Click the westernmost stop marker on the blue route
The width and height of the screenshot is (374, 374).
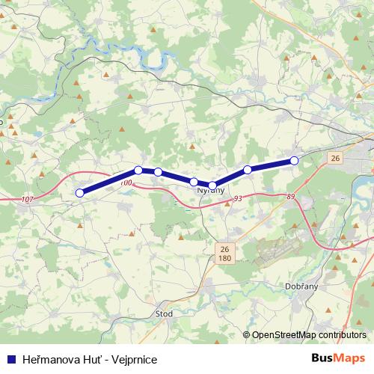[x=79, y=192]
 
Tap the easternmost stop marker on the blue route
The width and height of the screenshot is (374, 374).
[x=294, y=160]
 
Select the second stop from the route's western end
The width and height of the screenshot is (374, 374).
[x=138, y=170]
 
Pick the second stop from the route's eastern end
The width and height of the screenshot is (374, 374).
[x=248, y=169]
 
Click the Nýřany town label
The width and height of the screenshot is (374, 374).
[x=210, y=192]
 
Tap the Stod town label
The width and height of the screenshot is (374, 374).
[x=164, y=314]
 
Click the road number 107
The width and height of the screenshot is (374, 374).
[x=28, y=199]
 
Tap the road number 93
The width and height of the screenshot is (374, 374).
[x=237, y=198]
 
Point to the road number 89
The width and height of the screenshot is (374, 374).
[x=290, y=197]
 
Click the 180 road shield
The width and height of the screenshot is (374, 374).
[x=224, y=258]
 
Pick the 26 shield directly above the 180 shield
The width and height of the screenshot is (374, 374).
[x=224, y=248]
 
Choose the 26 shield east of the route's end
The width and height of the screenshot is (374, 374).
[x=334, y=158]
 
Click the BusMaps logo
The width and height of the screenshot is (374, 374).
[x=338, y=358]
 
